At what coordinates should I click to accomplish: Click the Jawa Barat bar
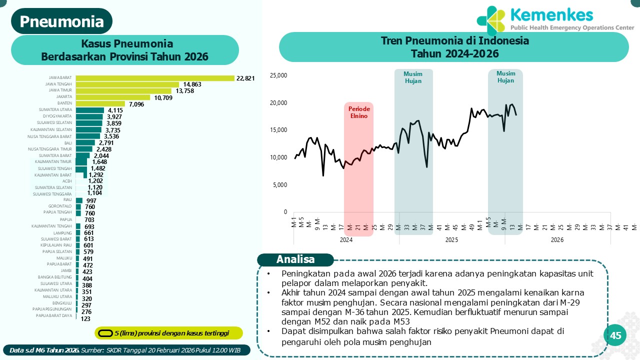pyautogui.click(x=155, y=78)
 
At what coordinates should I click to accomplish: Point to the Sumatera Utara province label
pyautogui.click(x=55, y=109)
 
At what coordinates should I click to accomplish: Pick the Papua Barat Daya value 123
pyautogui.click(x=85, y=318)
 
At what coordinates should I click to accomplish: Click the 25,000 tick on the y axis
pyautogui.click(x=278, y=75)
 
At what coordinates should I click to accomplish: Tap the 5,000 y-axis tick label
pyautogui.click(x=280, y=184)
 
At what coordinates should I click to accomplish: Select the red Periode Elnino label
pyautogui.click(x=358, y=112)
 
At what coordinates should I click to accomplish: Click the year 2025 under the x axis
pyautogui.click(x=451, y=240)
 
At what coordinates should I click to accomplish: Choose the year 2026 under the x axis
pyautogui.click(x=557, y=240)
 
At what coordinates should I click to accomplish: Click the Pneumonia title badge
pyautogui.click(x=62, y=21)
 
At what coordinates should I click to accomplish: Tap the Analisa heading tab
pyautogui.click(x=295, y=259)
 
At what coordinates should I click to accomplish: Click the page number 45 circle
pyautogui.click(x=615, y=335)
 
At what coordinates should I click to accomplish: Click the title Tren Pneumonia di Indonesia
pyautogui.click(x=454, y=40)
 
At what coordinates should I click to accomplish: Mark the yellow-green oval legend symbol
pyautogui.click(x=105, y=333)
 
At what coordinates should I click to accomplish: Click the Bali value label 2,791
pyautogui.click(x=107, y=142)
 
